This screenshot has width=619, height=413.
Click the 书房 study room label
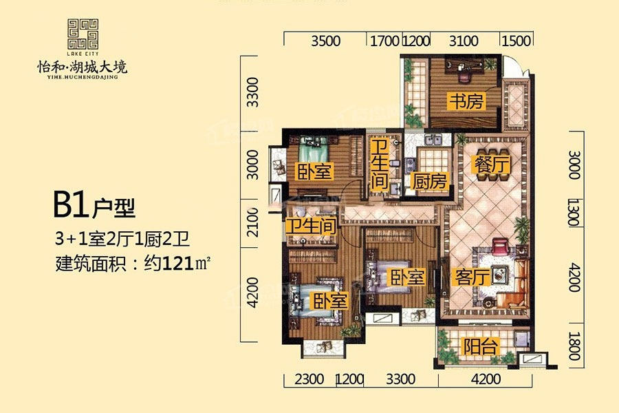(x=466, y=102)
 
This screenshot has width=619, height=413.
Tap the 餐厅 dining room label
(x=492, y=164)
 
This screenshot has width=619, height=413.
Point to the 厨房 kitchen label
(x=429, y=182)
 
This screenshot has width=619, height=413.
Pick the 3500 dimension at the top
(x=326, y=41)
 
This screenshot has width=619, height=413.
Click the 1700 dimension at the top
(x=384, y=41)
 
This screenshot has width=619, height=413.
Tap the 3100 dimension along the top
(x=464, y=41)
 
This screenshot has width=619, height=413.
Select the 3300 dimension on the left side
(x=252, y=92)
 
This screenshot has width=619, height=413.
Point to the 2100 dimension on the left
(x=252, y=222)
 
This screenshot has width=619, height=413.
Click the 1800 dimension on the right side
(x=574, y=346)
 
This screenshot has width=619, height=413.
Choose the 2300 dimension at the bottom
(x=309, y=379)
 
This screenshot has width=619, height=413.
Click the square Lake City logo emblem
(x=83, y=34)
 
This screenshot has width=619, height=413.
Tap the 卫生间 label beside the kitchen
(x=379, y=164)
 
